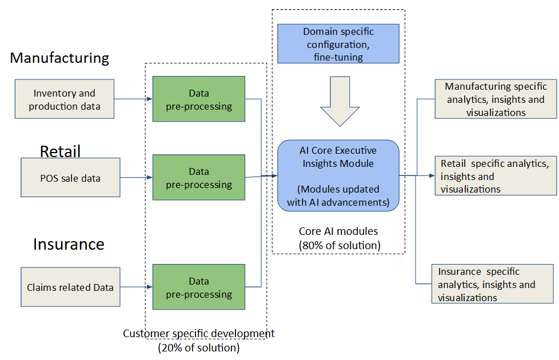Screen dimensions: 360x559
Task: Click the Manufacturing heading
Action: click(x=59, y=58)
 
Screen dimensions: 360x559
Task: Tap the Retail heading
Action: click(x=60, y=151)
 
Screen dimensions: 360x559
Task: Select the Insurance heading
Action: click(x=69, y=245)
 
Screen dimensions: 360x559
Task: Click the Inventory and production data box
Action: click(x=65, y=99)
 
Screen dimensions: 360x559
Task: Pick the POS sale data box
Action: click(x=70, y=178)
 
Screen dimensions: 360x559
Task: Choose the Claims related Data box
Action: click(x=70, y=287)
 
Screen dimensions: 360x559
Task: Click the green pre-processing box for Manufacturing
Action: click(x=199, y=99)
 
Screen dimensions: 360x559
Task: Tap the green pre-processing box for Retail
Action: click(x=199, y=178)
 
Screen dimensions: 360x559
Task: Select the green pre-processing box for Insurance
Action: click(x=199, y=287)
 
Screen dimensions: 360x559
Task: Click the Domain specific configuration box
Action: click(x=338, y=43)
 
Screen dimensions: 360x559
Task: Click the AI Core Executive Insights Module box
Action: click(x=338, y=175)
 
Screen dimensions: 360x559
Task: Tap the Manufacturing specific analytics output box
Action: click(x=496, y=99)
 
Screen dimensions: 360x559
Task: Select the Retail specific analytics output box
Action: click(x=496, y=176)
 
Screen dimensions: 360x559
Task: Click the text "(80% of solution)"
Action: click(x=338, y=245)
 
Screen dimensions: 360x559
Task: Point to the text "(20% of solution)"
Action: click(x=198, y=347)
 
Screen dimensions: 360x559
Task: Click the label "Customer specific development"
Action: click(x=198, y=333)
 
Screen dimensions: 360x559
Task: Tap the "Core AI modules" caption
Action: click(x=338, y=231)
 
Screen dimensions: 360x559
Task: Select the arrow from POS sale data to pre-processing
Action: click(x=136, y=178)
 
